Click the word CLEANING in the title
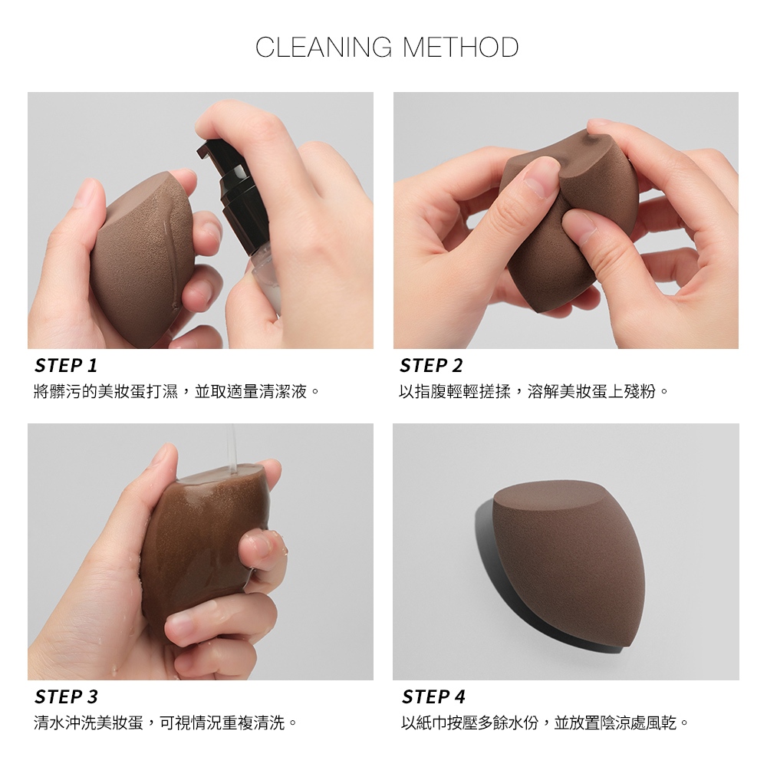click(x=324, y=48)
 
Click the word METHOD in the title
click(x=460, y=48)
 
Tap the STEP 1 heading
click(x=66, y=365)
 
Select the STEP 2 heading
click(x=431, y=365)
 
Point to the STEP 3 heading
click(x=66, y=696)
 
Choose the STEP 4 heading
click(x=433, y=696)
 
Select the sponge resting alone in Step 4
click(x=568, y=562)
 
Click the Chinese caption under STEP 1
click(x=176, y=391)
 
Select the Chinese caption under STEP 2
click(x=534, y=391)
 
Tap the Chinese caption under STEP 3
click(x=166, y=723)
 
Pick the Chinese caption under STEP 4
click(x=545, y=723)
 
